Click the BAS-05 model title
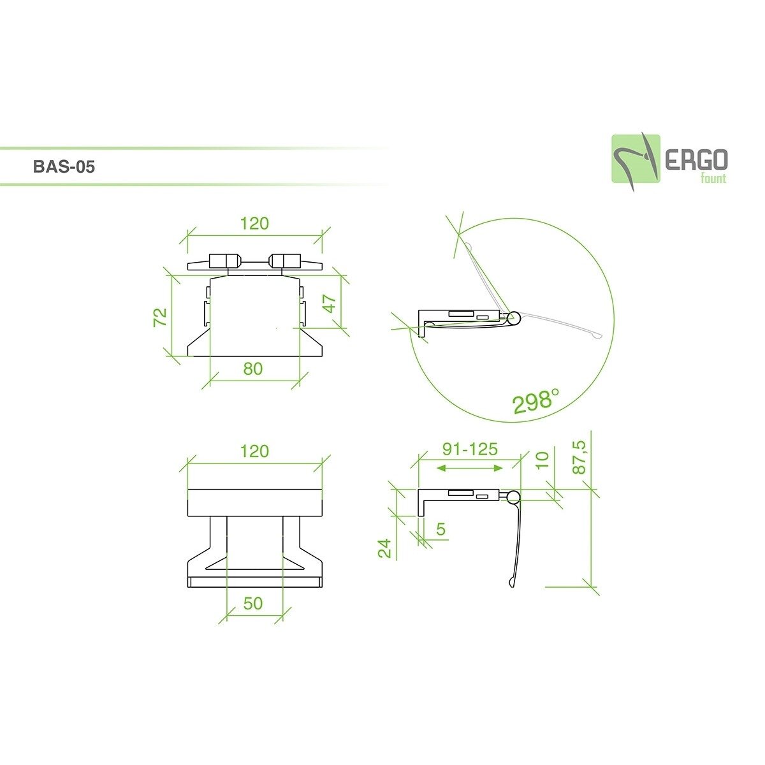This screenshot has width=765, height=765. coord(64,168)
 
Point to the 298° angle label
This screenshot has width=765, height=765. coord(535,401)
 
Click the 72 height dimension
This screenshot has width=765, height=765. coord(161,317)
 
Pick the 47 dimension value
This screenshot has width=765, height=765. coord(330,303)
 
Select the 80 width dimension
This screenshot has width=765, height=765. coord(253,368)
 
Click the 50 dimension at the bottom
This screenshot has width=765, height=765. coord(253,602)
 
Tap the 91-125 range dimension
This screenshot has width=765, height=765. coord(470,449)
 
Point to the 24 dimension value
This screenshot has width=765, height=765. coord(385,548)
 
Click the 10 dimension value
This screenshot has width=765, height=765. coord(543,460)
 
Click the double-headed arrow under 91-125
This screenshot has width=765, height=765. coord(471,469)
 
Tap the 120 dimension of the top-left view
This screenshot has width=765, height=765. coord(254,224)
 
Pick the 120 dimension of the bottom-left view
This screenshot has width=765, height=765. coord(254,451)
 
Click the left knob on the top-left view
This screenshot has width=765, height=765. coord(224,261)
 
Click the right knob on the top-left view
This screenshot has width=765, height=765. coord(284,261)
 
